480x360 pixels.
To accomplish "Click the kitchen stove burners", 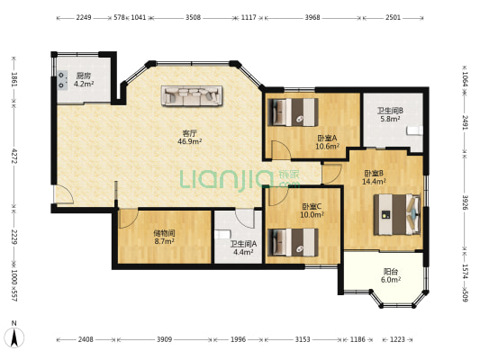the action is point(62,80).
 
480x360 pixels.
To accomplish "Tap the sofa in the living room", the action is point(192,95).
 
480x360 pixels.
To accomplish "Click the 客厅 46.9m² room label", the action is point(190,137).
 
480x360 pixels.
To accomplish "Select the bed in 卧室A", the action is point(293,112).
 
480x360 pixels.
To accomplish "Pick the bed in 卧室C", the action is point(293,242).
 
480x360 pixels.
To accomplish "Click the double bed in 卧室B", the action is point(397,214).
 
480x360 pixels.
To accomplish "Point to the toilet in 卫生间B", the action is point(415,130).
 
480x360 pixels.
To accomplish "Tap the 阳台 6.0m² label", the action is point(391,275).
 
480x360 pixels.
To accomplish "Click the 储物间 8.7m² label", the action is point(165,238).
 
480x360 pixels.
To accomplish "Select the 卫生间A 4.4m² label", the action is point(243,247).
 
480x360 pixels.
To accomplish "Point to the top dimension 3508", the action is point(193,17).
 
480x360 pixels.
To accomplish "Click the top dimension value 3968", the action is point(312,17).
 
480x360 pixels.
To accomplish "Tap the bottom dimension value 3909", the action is point(165,339).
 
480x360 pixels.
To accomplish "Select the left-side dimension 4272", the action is point(14,156).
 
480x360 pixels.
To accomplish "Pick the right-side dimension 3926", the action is point(466,202).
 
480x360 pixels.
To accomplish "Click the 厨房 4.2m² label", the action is point(84,79).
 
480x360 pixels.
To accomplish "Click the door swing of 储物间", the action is point(128,219).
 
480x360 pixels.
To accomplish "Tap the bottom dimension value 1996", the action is point(238,339).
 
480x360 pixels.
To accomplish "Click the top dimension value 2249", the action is point(84,17).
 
